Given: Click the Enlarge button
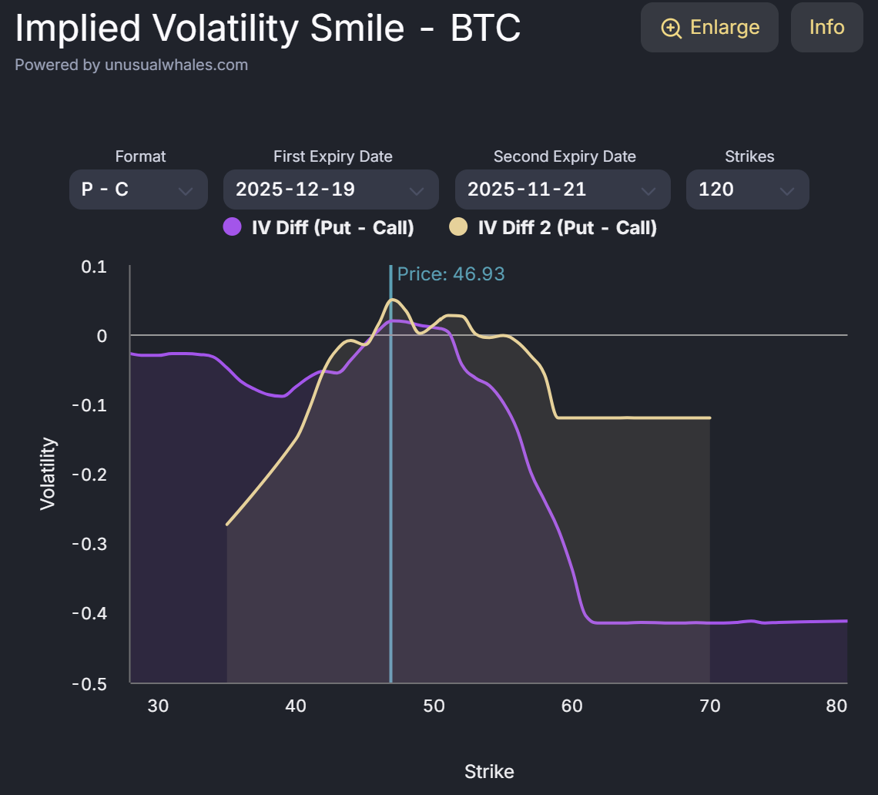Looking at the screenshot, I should [x=709, y=28].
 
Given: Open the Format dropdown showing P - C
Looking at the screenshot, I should [x=139, y=190].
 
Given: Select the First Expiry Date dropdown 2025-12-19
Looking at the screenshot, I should [x=330, y=190].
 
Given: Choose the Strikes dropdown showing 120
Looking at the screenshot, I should [x=747, y=190].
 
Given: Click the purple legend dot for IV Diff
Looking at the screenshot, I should [x=232, y=227].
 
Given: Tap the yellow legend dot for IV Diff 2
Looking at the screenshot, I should [x=458, y=227].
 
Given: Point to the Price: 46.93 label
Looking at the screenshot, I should [x=451, y=273].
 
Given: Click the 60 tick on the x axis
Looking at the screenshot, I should [x=572, y=706].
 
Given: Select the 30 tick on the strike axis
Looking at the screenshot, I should [x=158, y=706].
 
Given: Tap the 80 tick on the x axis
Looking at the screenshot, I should [x=836, y=706].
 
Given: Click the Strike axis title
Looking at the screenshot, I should [x=489, y=771].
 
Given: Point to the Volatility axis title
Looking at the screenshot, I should [x=48, y=473].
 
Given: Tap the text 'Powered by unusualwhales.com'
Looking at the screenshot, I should [x=132, y=65].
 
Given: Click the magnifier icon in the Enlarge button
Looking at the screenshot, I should [x=672, y=28].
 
